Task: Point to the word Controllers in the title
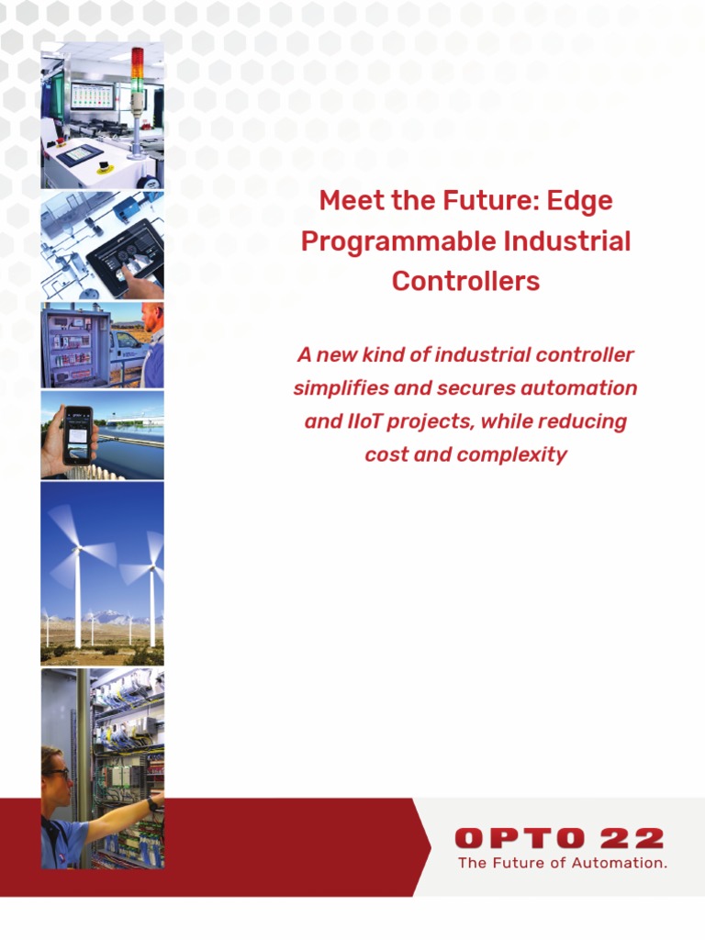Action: pyautogui.click(x=465, y=281)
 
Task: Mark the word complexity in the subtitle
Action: pyautogui.click(x=513, y=454)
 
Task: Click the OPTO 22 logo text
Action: pyautogui.click(x=558, y=838)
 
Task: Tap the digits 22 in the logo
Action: pyautogui.click(x=633, y=838)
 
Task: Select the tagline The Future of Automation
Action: pyautogui.click(x=562, y=863)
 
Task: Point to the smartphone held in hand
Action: pyautogui.click(x=79, y=433)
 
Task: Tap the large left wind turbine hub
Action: pyautogui.click(x=78, y=548)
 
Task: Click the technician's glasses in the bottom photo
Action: pyautogui.click(x=57, y=774)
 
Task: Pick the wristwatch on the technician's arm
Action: pyautogui.click(x=151, y=804)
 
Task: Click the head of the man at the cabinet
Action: pyautogui.click(x=152, y=318)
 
